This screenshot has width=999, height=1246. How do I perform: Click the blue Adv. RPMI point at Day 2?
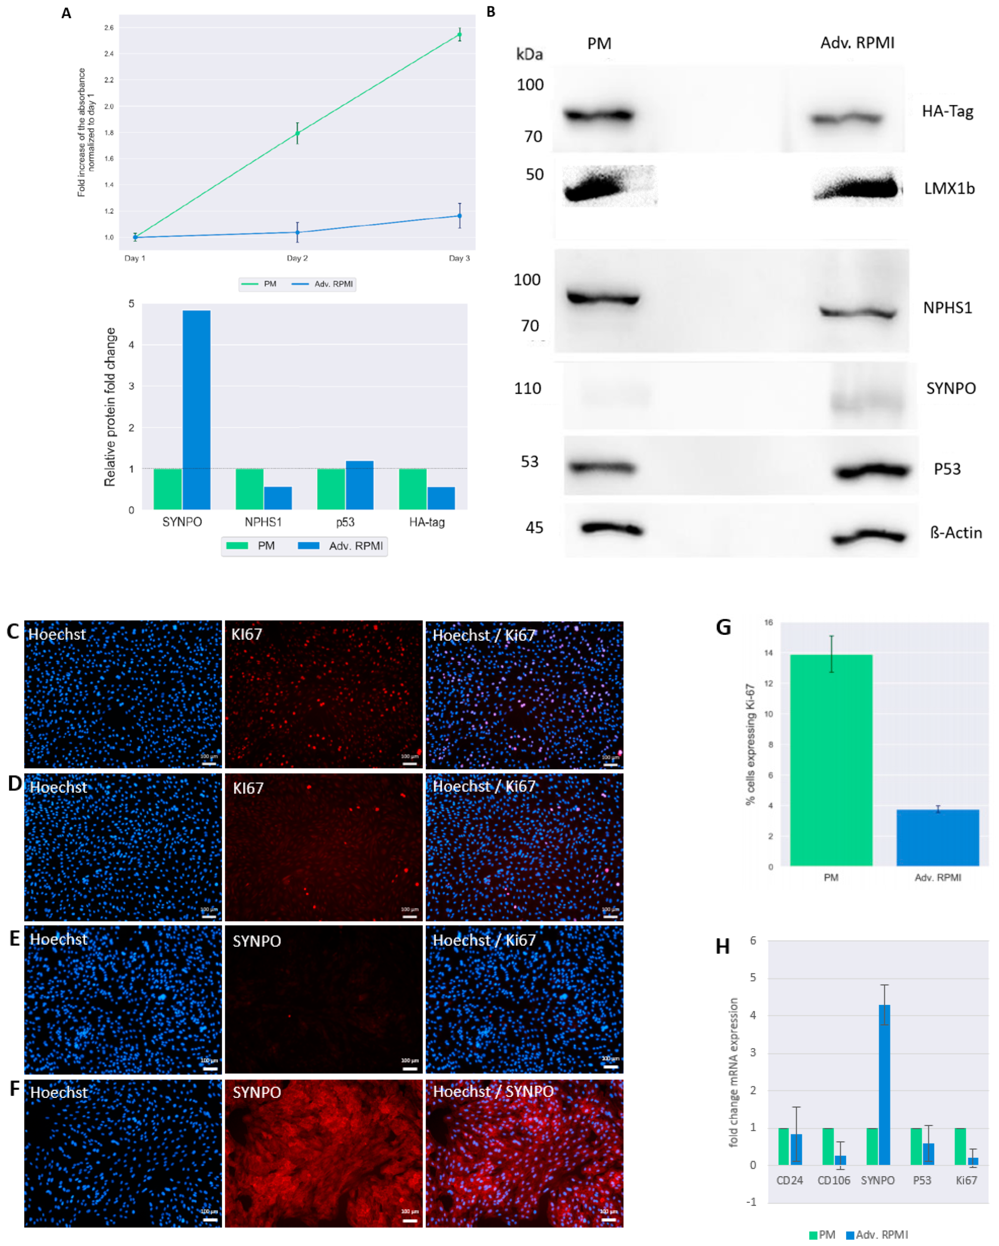[x=297, y=232]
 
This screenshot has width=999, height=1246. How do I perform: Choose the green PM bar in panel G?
[x=831, y=760]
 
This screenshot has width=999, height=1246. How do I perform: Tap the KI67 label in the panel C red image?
[x=247, y=635]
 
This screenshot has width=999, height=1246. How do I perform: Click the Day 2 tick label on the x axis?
[x=297, y=258]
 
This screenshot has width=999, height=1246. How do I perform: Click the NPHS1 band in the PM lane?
[x=602, y=298]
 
